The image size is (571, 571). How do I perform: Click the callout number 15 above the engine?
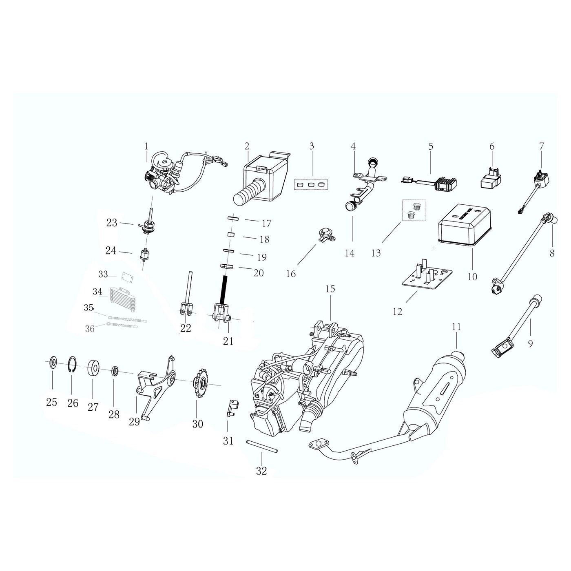point(330,289)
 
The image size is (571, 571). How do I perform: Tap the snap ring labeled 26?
point(72,365)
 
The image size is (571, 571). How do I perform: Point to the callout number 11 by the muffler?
point(456,327)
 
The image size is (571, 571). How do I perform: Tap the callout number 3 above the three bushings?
point(312,146)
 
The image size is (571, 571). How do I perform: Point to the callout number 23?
point(111,223)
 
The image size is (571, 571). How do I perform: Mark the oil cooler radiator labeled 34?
point(120,293)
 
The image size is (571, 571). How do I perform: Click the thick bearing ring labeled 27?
point(94,368)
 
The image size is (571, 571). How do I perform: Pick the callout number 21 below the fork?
point(228,341)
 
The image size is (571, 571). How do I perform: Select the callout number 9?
point(530,343)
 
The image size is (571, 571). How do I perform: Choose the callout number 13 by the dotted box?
point(376,253)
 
